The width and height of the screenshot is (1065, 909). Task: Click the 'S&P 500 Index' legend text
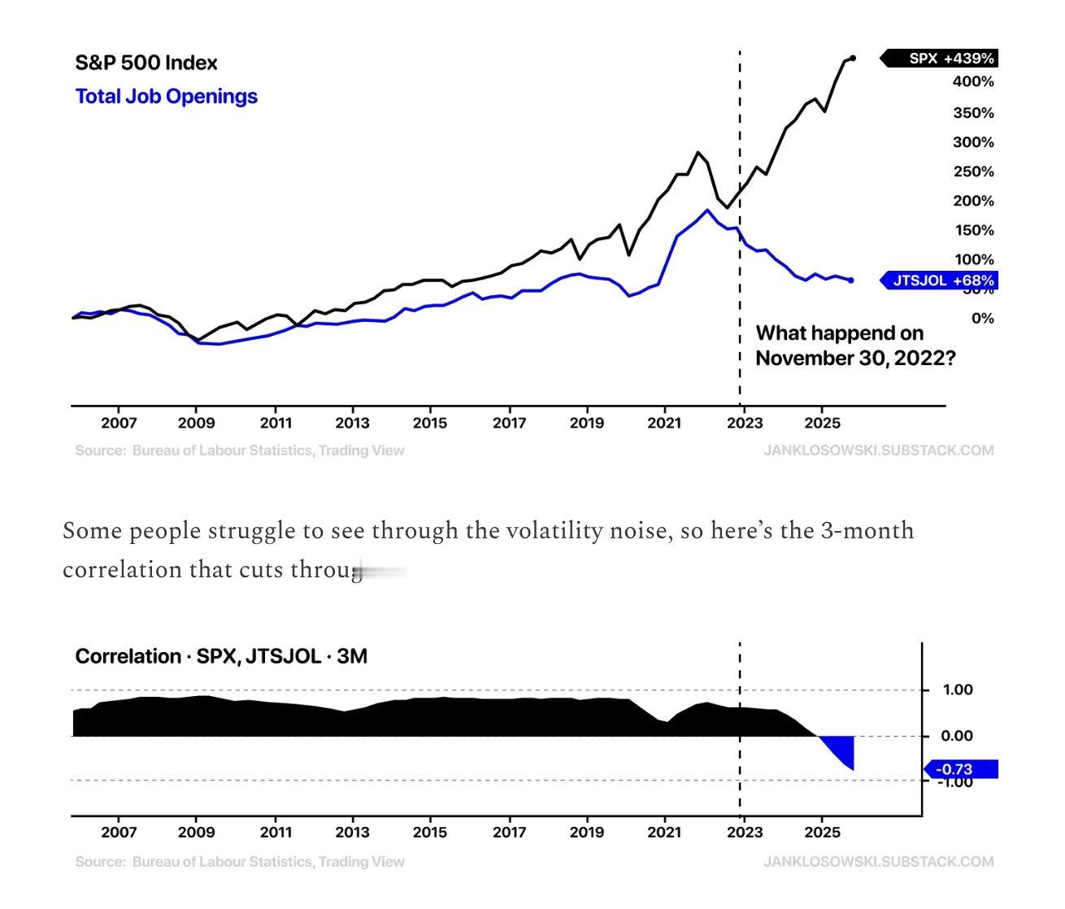click(x=146, y=63)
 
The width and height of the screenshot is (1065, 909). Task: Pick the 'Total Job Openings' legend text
click(x=166, y=97)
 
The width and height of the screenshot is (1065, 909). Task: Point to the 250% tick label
click(x=973, y=172)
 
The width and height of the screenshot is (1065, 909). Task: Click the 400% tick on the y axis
click(x=973, y=81)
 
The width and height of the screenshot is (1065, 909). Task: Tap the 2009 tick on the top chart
click(x=196, y=423)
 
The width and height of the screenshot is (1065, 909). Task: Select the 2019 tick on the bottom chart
click(x=586, y=833)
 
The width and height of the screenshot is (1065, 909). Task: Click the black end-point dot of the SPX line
click(x=852, y=58)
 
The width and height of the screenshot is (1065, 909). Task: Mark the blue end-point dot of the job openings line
click(x=851, y=281)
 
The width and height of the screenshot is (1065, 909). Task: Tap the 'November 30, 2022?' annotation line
click(x=855, y=359)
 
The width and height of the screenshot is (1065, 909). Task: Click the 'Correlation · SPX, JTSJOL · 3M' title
click(x=221, y=656)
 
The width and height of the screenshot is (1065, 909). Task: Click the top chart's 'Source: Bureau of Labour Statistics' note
click(x=239, y=450)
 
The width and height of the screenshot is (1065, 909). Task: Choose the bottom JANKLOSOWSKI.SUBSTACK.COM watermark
click(x=878, y=862)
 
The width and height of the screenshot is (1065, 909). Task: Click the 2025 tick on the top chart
click(x=821, y=423)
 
